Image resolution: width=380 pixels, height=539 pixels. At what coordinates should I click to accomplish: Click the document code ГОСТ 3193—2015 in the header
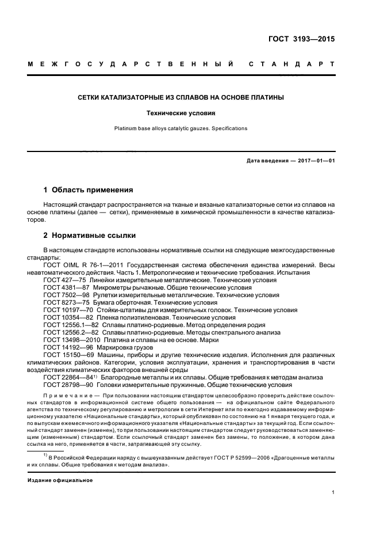301,40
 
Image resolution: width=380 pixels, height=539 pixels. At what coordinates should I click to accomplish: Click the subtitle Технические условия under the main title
190,114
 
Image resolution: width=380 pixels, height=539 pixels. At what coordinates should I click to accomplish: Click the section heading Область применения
92,189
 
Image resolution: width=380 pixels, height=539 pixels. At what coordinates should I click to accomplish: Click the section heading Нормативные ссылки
94,236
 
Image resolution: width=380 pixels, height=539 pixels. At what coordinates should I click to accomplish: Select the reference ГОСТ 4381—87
65,287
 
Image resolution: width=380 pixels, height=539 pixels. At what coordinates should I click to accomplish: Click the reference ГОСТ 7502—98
65,294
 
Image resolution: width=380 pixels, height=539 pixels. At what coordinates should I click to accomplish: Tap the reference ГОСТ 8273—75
65,302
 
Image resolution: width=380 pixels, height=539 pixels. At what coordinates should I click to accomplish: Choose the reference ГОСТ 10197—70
67,309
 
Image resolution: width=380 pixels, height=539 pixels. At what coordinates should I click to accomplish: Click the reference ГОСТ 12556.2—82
70,332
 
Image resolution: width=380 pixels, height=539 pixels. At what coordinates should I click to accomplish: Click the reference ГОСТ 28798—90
67,385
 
